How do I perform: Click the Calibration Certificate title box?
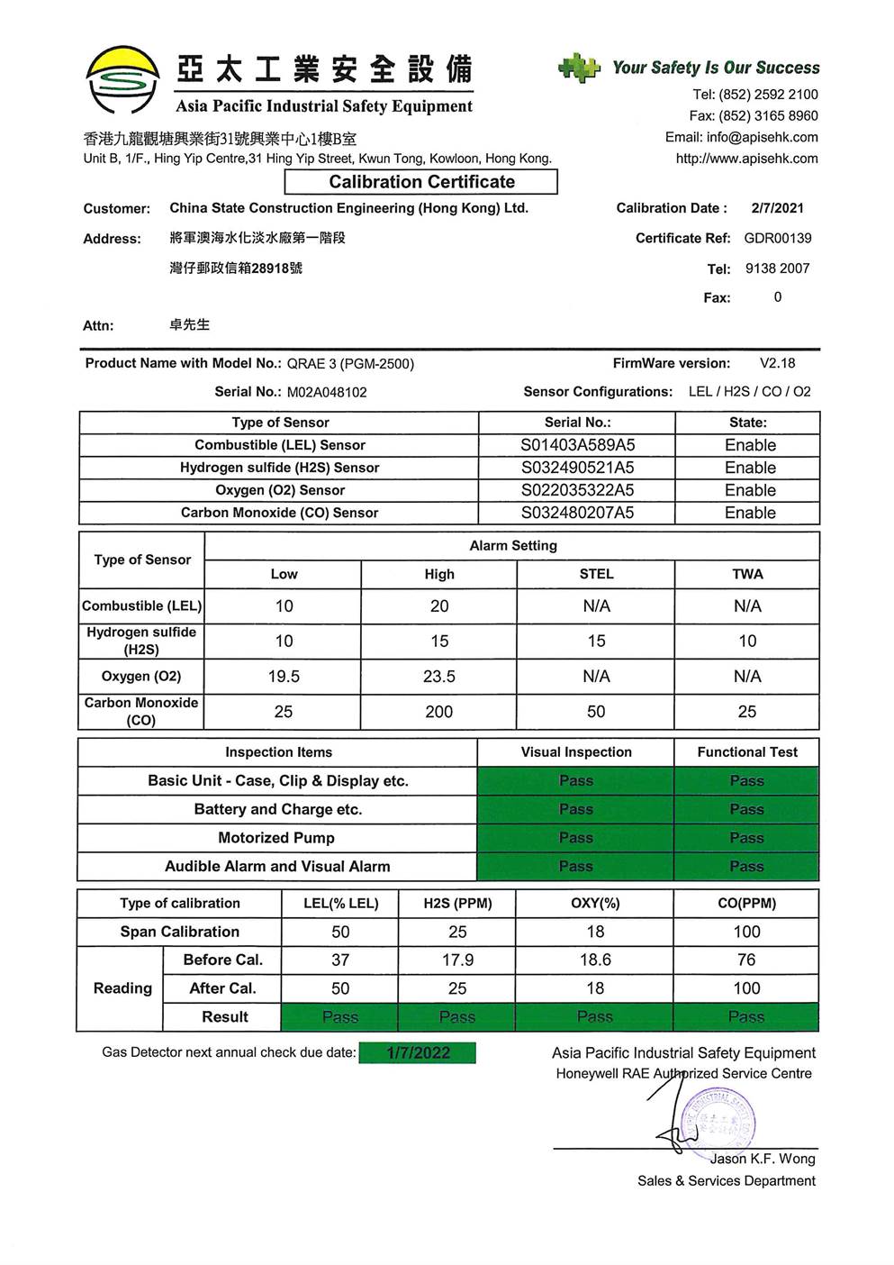[x=421, y=182]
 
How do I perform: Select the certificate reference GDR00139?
[x=778, y=239]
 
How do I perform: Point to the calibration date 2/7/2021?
[x=777, y=208]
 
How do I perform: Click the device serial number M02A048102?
[x=327, y=393]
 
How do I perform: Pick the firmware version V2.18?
[x=777, y=364]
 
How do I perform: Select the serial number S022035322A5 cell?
[x=577, y=490]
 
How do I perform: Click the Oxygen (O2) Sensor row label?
[x=280, y=490]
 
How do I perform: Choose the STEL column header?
[x=596, y=575]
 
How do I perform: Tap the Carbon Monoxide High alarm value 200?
[x=439, y=712]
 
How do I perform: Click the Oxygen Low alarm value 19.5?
[x=284, y=677]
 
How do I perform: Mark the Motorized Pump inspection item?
[x=276, y=838]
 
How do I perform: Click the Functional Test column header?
[x=747, y=752]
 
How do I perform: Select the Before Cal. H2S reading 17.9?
[x=457, y=960]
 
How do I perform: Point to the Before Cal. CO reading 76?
[x=746, y=960]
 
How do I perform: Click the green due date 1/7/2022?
[x=418, y=1053]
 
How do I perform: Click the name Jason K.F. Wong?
[x=762, y=1160]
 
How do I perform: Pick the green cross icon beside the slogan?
[x=579, y=68]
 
